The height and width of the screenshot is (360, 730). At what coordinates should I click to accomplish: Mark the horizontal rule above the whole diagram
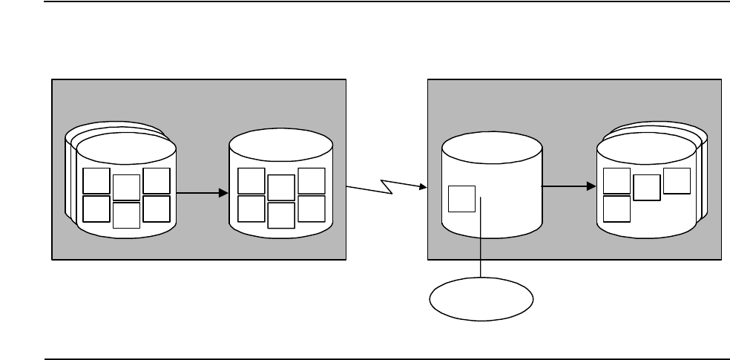coord(365,1)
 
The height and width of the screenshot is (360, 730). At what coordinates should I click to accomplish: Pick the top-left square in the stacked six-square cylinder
coord(96,181)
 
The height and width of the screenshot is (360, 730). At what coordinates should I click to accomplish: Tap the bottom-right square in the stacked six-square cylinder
coord(157,209)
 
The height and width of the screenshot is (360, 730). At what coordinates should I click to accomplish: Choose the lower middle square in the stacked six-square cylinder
coord(126,215)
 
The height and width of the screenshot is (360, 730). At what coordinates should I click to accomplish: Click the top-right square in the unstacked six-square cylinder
coord(311,181)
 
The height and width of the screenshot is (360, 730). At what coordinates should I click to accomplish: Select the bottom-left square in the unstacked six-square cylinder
coord(251,209)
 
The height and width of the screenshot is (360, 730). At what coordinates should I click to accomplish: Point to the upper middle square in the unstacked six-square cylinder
coord(281,188)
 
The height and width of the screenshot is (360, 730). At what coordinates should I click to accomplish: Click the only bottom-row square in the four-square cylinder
coord(617,209)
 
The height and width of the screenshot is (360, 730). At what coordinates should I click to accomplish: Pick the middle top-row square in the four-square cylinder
coord(647,187)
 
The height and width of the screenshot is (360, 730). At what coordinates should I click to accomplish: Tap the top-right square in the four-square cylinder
coord(677,181)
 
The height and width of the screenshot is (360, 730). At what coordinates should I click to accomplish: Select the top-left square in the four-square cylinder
coord(617,181)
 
